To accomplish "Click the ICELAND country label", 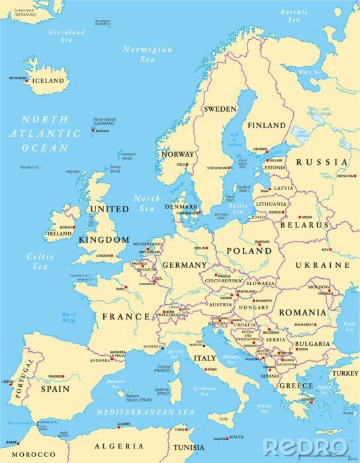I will (x=48, y=81).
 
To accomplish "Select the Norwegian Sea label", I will (x=147, y=54).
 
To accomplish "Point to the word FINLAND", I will (x=266, y=125).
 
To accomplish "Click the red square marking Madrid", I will (x=64, y=377).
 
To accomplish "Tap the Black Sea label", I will (x=349, y=327).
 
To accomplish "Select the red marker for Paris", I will (x=128, y=288).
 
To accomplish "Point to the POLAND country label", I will (x=249, y=251).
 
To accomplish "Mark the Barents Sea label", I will (x=293, y=16).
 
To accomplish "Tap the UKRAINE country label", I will (x=322, y=265).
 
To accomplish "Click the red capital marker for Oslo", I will (x=187, y=165).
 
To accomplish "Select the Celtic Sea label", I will (x=40, y=261).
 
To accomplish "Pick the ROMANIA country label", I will (x=302, y=312).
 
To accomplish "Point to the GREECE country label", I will (x=296, y=385).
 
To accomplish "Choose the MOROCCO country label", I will (x=32, y=455).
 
